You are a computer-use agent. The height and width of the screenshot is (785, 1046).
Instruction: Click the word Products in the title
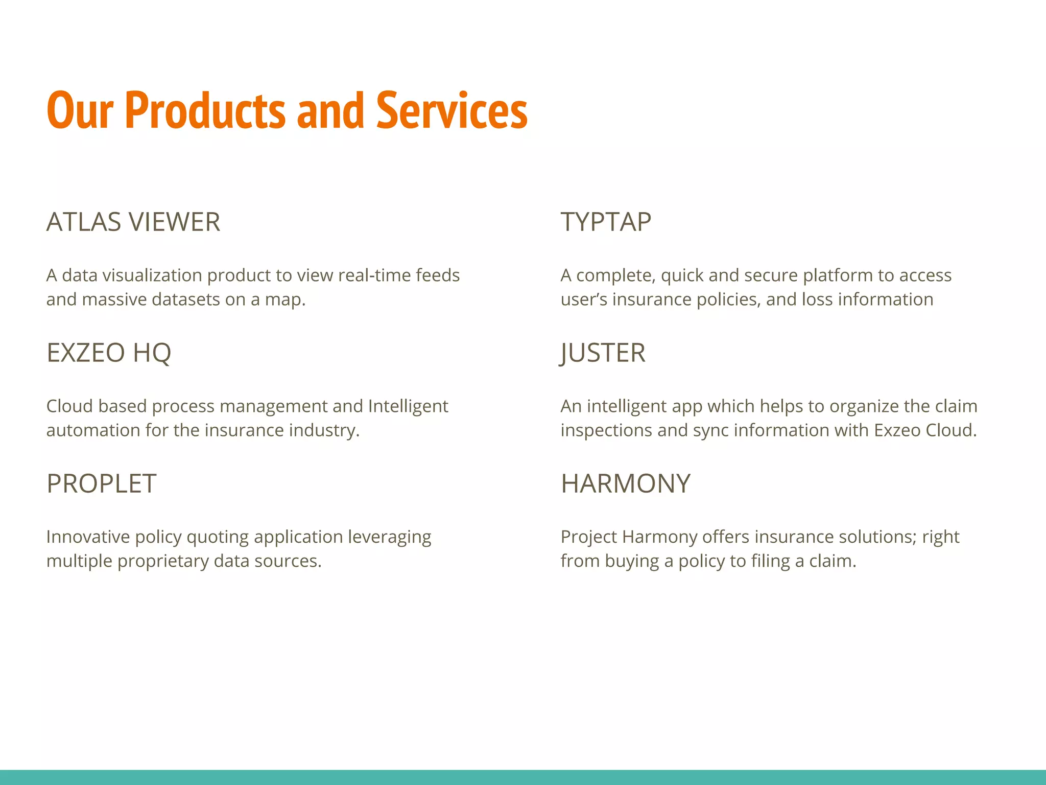pyautogui.click(x=204, y=110)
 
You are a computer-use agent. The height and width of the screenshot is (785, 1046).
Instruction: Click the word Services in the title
pyautogui.click(x=451, y=110)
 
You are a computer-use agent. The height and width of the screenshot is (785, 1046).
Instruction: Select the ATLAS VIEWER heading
pyautogui.click(x=133, y=222)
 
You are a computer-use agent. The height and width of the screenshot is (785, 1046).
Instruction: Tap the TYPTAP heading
pyautogui.click(x=606, y=222)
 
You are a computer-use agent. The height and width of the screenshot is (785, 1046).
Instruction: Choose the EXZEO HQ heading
pyautogui.click(x=109, y=353)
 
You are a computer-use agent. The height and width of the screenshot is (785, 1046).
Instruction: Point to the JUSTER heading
pyautogui.click(x=603, y=353)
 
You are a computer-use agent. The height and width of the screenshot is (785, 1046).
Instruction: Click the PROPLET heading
pyautogui.click(x=101, y=483)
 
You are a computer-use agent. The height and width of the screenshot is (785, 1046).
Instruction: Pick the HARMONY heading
pyautogui.click(x=625, y=483)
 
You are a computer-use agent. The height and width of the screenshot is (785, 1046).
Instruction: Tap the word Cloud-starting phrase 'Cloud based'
pyautogui.click(x=69, y=406)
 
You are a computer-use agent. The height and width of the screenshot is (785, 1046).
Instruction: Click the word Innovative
pyautogui.click(x=88, y=537)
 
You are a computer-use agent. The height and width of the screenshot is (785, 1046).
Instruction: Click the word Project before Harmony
pyautogui.click(x=589, y=537)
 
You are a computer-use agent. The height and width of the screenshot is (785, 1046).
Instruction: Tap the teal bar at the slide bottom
pyautogui.click(x=523, y=777)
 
